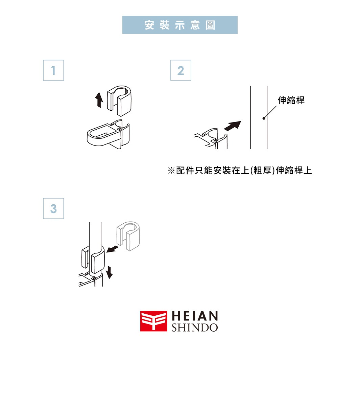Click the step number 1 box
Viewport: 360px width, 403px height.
(x=53, y=70)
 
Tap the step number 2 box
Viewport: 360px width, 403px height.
(x=181, y=70)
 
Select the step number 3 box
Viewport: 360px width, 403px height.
(x=53, y=208)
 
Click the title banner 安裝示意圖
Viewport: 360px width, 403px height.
(x=180, y=25)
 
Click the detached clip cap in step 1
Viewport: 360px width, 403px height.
(x=119, y=100)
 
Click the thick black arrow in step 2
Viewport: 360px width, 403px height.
(x=233, y=126)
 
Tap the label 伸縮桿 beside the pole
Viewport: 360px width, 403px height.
(x=291, y=100)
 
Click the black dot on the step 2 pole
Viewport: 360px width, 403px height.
(x=264, y=118)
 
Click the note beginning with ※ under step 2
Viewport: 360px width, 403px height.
(x=240, y=171)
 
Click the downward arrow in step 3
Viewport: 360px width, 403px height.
(x=109, y=272)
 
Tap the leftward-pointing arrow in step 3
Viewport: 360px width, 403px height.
(x=112, y=249)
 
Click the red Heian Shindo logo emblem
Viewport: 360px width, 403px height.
(x=153, y=321)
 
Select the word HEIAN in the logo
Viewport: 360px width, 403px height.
(x=195, y=316)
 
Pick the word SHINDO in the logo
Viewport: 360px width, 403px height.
(x=195, y=328)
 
